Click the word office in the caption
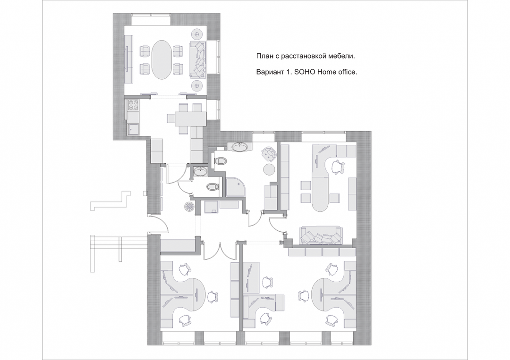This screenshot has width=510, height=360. pos(348,72)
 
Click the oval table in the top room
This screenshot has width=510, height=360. pos(161,59)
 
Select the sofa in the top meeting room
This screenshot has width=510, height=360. pos(198,60)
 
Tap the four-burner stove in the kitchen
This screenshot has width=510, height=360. pos(133,105)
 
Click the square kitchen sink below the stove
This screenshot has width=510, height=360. pos(133,130)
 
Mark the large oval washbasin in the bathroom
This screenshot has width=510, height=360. pos(241,147)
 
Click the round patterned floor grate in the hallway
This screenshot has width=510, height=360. pos(189,207)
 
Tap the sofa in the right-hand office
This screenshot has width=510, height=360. pos(321,235)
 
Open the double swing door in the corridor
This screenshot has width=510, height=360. pos(221,251)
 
